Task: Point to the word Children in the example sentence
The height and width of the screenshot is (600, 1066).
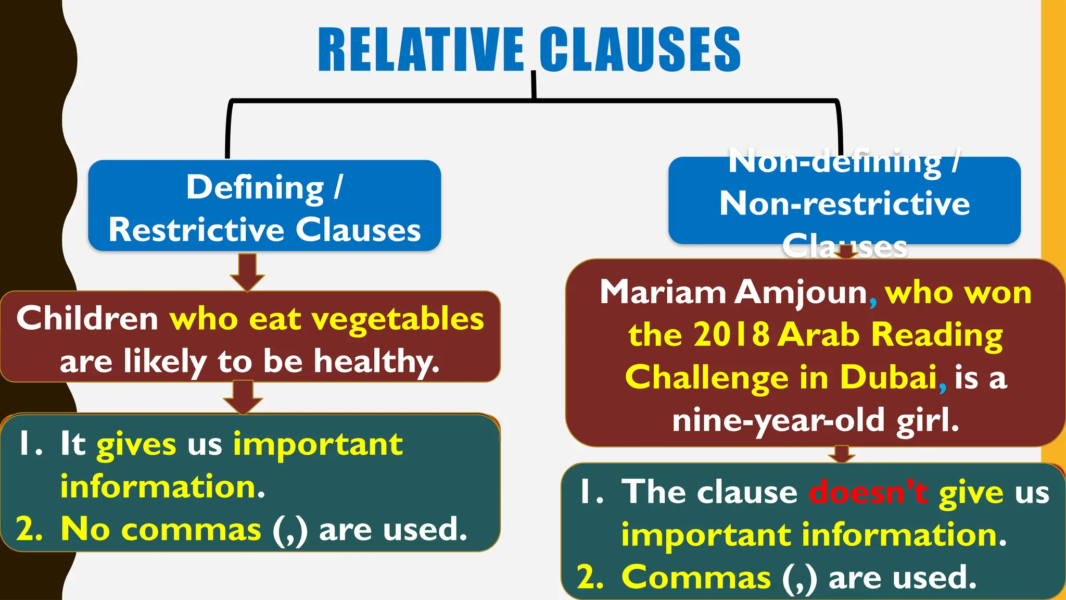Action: pyautogui.click(x=87, y=318)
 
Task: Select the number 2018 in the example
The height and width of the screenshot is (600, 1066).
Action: pyautogui.click(x=731, y=334)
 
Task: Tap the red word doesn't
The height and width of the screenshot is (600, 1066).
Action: pyautogui.click(x=868, y=492)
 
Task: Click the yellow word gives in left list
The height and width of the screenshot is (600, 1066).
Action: pyautogui.click(x=136, y=445)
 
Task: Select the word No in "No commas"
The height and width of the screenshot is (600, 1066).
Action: pyautogui.click(x=85, y=529)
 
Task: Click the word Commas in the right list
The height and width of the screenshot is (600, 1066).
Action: pyautogui.click(x=696, y=578)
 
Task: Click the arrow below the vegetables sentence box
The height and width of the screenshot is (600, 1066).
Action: pyautogui.click(x=243, y=397)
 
